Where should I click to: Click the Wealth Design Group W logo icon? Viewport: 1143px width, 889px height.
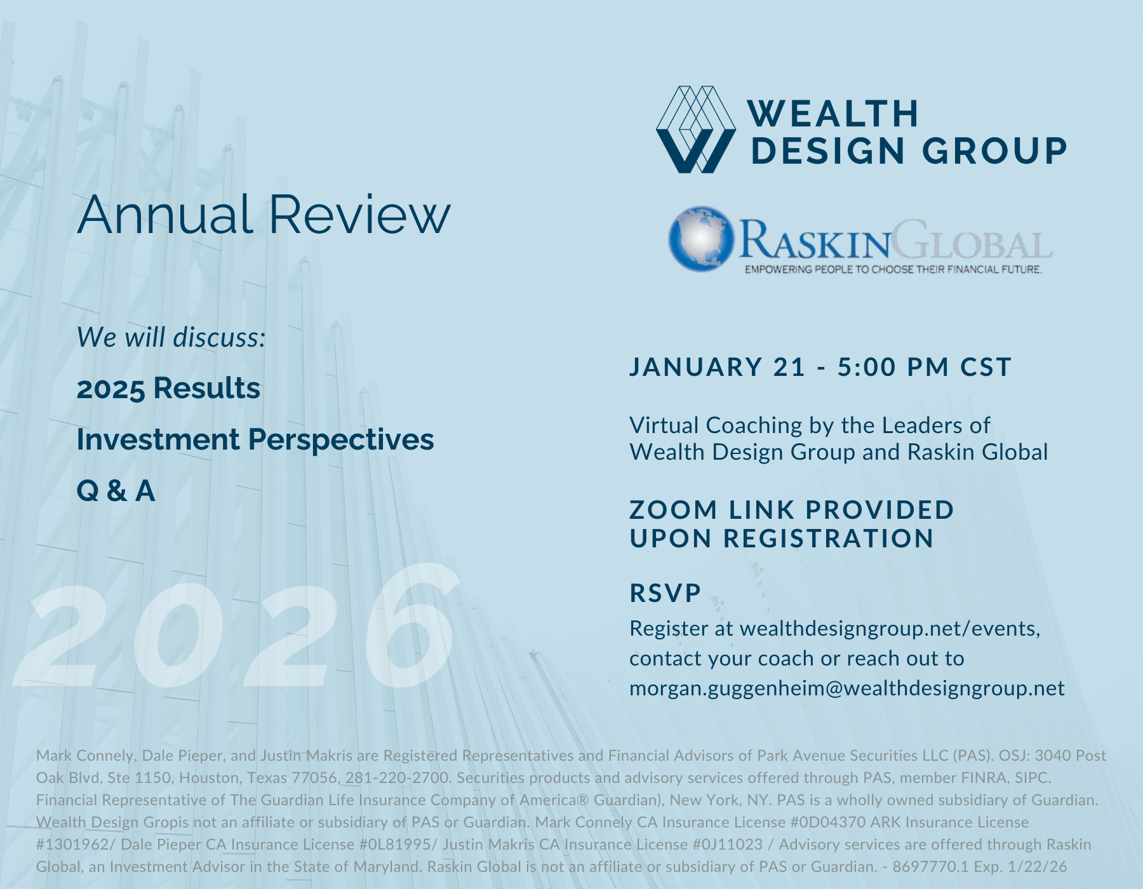click(x=696, y=130)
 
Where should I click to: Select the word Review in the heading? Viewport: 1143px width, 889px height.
click(x=359, y=215)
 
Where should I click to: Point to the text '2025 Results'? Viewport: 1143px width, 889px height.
click(x=168, y=388)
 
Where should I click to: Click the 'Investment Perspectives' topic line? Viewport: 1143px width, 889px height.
click(x=255, y=439)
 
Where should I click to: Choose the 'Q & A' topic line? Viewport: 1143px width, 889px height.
click(x=116, y=491)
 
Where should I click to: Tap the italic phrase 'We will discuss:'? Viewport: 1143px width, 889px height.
click(x=171, y=337)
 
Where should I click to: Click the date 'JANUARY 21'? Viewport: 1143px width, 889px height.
click(x=718, y=367)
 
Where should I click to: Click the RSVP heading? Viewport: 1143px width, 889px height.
click(x=665, y=593)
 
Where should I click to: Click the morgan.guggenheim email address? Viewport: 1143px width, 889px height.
click(x=847, y=689)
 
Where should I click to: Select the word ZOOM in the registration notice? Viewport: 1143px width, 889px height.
click(x=674, y=510)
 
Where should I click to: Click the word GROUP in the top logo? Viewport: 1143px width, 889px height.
click(x=994, y=151)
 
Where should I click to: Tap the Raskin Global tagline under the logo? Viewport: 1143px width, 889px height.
click(x=893, y=269)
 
